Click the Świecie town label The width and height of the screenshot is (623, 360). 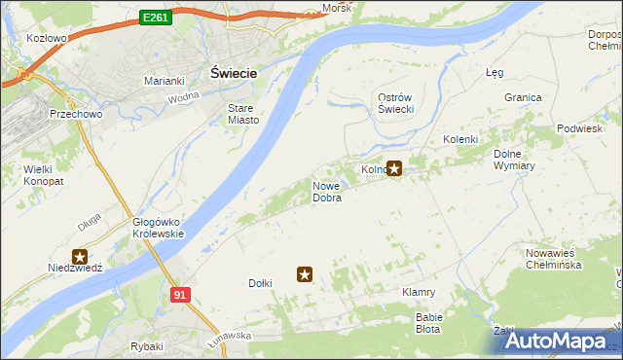click(234, 73)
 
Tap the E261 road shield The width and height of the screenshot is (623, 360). click(155, 17)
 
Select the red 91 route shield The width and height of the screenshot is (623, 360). click(178, 294)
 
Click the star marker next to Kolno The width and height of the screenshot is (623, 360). click(394, 168)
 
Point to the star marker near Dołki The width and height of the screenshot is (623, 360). click(305, 275)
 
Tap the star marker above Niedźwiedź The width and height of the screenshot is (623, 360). click(80, 256)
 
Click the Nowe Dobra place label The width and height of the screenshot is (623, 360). click(326, 192)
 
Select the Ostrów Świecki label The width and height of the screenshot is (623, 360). click(396, 103)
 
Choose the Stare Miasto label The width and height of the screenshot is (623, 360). click(243, 114)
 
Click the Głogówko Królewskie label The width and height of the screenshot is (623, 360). click(158, 228)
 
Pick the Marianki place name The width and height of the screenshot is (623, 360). click(165, 81)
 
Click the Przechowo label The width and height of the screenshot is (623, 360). click(68, 114)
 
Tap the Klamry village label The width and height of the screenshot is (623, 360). click(418, 292)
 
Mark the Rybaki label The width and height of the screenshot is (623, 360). click(146, 346)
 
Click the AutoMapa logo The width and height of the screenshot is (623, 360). click(556, 342)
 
